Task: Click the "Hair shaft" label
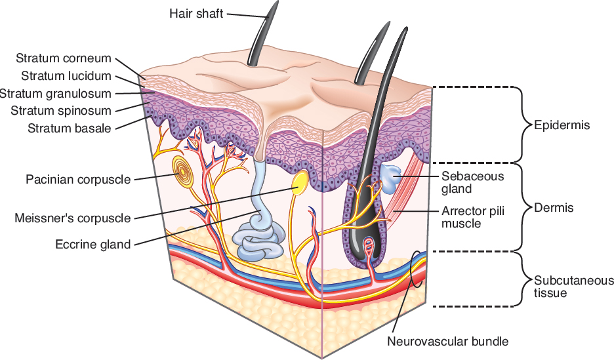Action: [x=197, y=13]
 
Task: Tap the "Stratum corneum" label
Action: [x=64, y=58]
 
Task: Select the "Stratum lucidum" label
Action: [x=66, y=76]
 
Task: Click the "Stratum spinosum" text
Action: [x=61, y=110]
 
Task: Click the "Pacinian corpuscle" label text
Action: [x=78, y=178]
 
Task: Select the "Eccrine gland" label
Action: [x=92, y=245]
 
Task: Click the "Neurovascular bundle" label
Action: [x=447, y=341]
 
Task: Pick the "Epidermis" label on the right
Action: [x=562, y=125]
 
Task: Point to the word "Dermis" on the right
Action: [x=554, y=208]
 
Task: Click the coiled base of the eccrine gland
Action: [x=261, y=238]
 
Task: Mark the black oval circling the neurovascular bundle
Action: [x=417, y=269]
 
